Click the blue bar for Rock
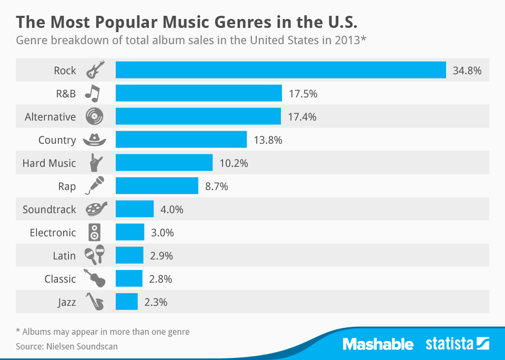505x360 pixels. pos(281,70)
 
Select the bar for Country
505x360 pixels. pos(181,139)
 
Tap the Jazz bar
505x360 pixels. pos(126,302)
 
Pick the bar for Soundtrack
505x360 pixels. pos(135,209)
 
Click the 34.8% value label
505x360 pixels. pos(467,71)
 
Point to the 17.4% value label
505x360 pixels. pos(302,117)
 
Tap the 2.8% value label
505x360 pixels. pos(160,279)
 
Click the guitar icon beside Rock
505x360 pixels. pos(95,70)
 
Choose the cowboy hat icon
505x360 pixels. pos(95,139)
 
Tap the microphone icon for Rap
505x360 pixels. pos(95,186)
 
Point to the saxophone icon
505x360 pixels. pos(95,302)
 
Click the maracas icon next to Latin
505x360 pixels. pos(95,255)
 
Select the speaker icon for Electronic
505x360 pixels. pos(94,232)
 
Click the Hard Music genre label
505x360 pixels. pos(49,163)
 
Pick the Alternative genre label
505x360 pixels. pos(50,117)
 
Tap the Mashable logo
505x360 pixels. pos(378,345)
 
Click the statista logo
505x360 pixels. pos(457,345)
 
